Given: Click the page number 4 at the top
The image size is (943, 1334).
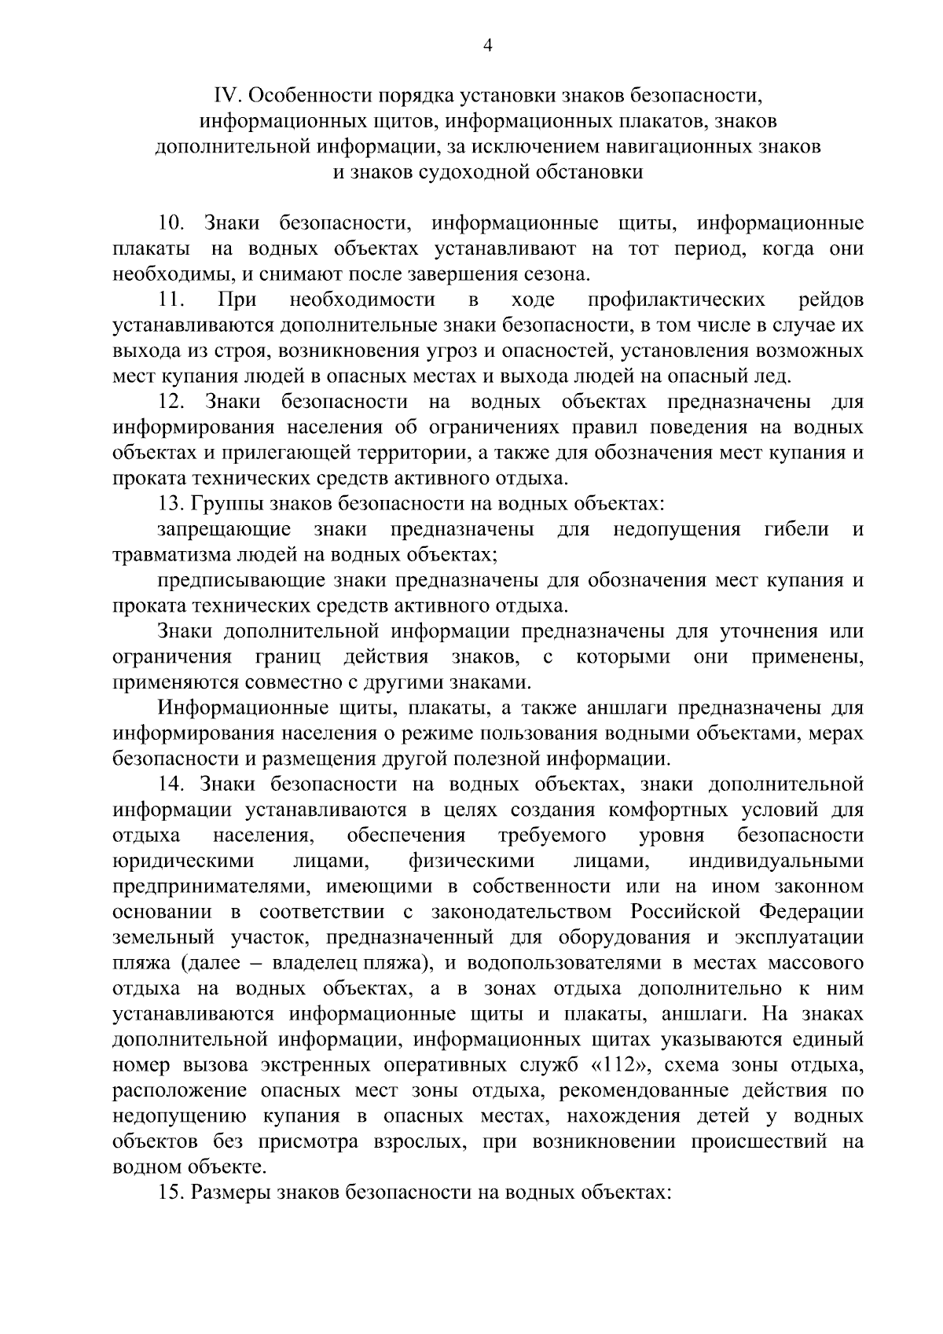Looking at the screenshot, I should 486,46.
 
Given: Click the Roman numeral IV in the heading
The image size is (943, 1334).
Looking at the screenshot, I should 226,96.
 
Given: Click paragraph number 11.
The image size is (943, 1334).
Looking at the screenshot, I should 171,300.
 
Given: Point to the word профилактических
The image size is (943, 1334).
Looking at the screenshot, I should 676,300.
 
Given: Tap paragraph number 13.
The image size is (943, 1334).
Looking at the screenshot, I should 171,504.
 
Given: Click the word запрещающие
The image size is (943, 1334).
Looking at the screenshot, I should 224,529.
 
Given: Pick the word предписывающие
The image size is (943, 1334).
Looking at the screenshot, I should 239,580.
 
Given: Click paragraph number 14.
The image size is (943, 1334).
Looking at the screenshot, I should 171,785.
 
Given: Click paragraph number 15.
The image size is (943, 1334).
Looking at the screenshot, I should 171,1193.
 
